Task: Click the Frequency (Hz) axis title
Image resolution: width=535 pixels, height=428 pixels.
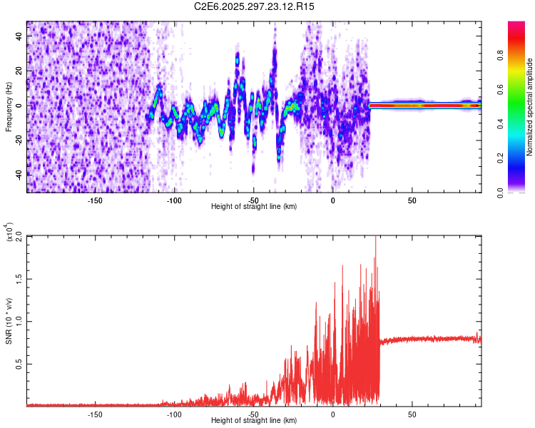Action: pyautogui.click(x=9, y=107)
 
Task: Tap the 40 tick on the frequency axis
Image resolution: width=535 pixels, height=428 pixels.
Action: pyautogui.click(x=20, y=36)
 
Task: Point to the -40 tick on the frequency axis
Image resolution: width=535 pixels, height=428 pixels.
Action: pyautogui.click(x=20, y=174)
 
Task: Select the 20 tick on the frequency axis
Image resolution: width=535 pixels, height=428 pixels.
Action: pyautogui.click(x=20, y=71)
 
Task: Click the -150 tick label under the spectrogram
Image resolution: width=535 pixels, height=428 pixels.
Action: pyautogui.click(x=95, y=200)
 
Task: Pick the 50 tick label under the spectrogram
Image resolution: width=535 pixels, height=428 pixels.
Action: pyautogui.click(x=412, y=200)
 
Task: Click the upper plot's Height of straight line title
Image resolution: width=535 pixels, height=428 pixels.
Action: pyautogui.click(x=254, y=206)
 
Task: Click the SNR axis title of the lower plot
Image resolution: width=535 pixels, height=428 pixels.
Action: pyautogui.click(x=9, y=321)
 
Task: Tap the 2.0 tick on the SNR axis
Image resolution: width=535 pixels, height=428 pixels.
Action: pyautogui.click(x=20, y=237)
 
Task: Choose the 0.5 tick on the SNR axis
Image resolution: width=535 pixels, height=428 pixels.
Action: pyautogui.click(x=20, y=364)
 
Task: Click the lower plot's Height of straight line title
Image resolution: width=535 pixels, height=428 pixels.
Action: pyautogui.click(x=254, y=420)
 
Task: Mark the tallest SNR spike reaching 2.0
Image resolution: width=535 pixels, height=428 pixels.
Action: pyautogui.click(x=375, y=239)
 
